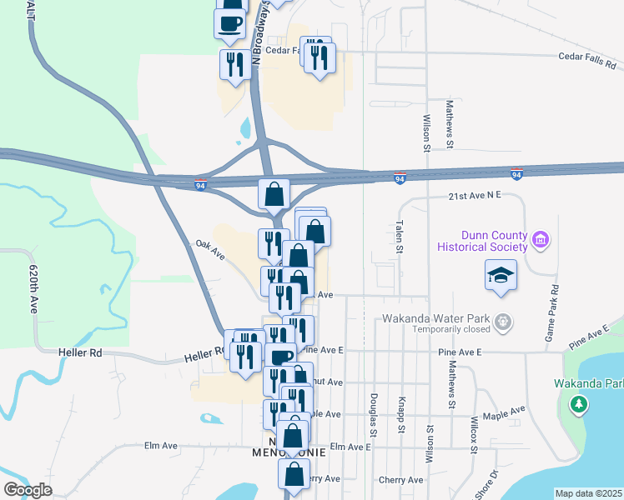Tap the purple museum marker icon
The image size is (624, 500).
(x=541, y=241)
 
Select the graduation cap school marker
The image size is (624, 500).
(x=501, y=275)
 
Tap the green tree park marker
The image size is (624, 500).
(x=578, y=404)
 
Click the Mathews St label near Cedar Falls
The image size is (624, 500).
(x=449, y=125)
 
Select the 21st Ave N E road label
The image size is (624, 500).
(x=473, y=195)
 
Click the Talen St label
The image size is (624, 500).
(x=399, y=237)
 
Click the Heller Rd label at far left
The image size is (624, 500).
(x=80, y=353)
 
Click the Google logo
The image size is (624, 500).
(x=28, y=489)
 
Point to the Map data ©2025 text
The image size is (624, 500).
(x=589, y=493)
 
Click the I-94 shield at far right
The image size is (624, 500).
(x=517, y=174)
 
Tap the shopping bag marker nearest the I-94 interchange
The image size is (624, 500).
(x=274, y=194)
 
